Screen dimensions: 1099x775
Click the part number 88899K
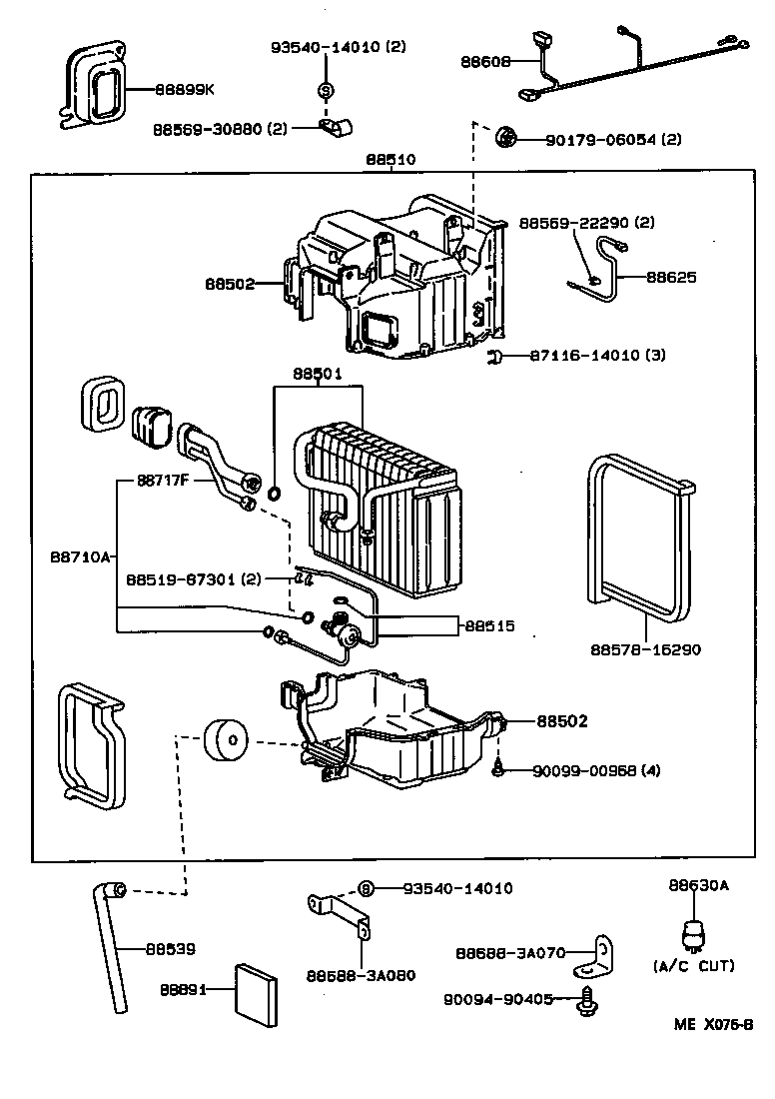point(184,89)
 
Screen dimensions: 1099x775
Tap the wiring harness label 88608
point(485,61)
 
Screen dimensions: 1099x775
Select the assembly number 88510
point(390,159)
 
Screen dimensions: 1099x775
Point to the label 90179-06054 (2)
point(613,140)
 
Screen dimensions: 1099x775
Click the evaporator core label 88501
point(318,374)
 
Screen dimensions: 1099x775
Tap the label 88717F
point(166,480)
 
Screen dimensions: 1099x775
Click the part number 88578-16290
point(645,649)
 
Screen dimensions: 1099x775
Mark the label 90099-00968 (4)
point(596,770)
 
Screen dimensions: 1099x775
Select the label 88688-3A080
point(361,975)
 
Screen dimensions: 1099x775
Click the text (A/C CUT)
point(694,966)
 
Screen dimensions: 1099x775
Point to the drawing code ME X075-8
point(711,1025)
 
